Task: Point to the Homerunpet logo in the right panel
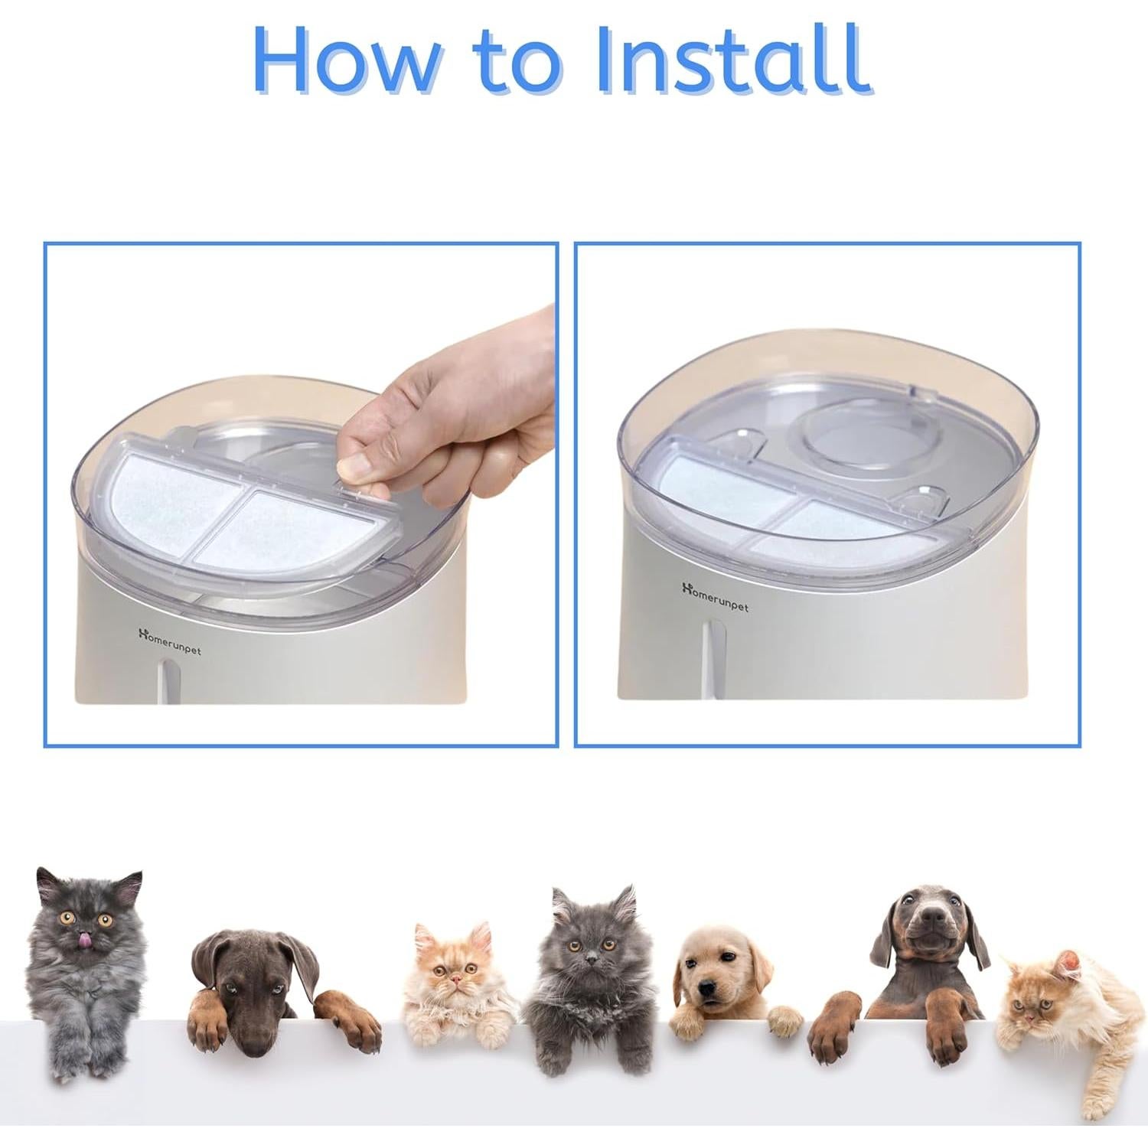[x=715, y=595]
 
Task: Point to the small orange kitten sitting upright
[x=452, y=987]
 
